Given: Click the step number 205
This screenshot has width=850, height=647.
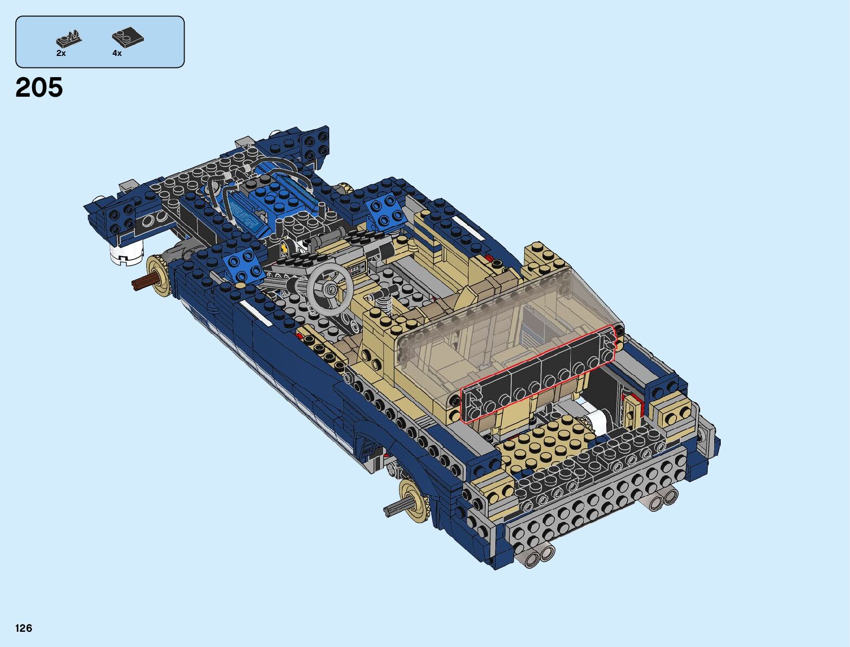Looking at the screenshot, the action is pos(39,87).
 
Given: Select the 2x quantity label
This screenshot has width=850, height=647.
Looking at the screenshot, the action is pos(61,53).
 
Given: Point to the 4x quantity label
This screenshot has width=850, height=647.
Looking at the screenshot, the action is pos(117,53).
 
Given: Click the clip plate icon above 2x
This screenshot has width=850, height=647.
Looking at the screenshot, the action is pos(69,39).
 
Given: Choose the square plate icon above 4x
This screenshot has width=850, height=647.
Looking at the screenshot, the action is pos(128,37).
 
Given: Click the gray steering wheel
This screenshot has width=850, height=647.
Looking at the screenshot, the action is pos(330,288).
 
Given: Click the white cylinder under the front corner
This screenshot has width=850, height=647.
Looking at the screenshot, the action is pos(126,254).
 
